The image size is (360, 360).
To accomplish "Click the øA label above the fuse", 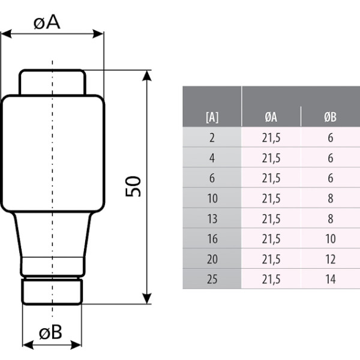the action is pos(47,23).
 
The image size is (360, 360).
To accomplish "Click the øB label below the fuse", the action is pos(50,332).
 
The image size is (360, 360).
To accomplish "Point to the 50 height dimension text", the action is pos(133,186).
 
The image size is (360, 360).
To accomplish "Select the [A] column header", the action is pos(212,118).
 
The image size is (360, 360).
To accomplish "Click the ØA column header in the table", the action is pos(271,117).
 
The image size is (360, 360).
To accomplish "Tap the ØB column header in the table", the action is pos(331,117).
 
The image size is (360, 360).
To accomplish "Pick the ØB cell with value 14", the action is pos(331,279).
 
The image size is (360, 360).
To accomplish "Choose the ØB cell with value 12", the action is pos(331,259).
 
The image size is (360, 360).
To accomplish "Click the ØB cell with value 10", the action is pos(331,239).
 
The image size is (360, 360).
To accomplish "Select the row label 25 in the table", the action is pos(212,279).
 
